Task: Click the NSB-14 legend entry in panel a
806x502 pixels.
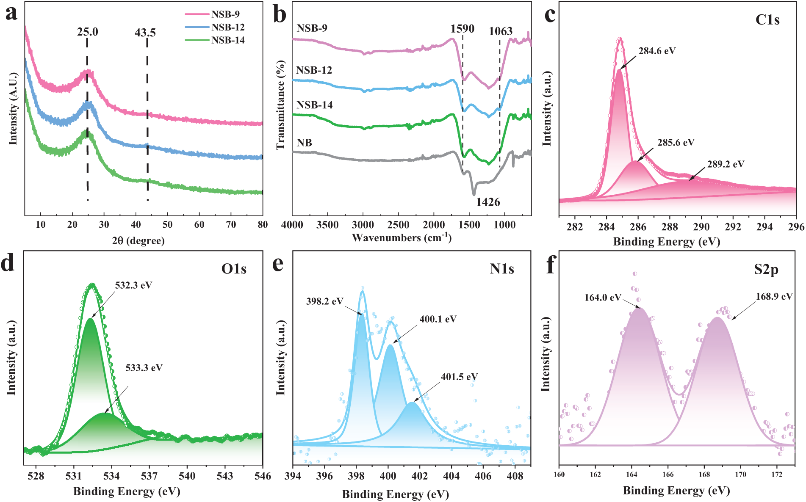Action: tap(228, 40)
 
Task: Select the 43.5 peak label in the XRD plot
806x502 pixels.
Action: tap(145, 33)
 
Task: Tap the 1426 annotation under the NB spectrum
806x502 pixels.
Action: tap(488, 202)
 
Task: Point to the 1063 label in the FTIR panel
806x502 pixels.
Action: tap(501, 31)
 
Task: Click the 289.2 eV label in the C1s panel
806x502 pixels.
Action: tap(726, 164)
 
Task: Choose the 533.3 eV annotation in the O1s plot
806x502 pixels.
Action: tap(144, 368)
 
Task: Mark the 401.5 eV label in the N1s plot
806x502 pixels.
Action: tap(460, 377)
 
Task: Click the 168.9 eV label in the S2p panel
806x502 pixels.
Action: tap(774, 296)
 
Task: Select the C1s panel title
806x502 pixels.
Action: tap(767, 20)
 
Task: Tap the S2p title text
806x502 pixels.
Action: tap(766, 270)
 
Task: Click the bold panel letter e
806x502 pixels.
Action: tap(278, 264)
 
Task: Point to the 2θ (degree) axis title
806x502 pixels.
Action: tap(138, 241)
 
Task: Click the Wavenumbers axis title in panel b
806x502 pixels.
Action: tap(402, 237)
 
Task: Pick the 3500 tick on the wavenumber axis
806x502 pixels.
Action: tap(327, 225)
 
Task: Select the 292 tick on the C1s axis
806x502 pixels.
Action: tap(733, 227)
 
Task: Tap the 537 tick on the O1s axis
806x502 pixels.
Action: tap(149, 476)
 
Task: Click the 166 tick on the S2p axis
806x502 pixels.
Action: tap(668, 474)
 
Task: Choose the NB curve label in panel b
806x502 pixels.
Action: tap(305, 143)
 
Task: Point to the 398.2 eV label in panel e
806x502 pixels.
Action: tap(324, 301)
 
